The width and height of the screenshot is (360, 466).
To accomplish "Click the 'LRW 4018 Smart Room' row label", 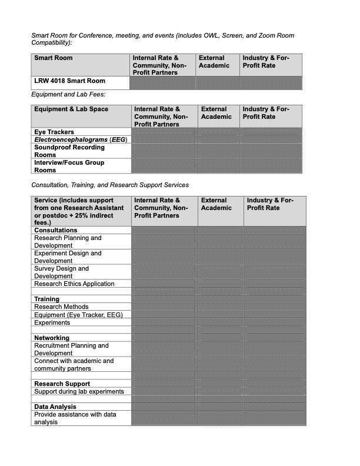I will [x=69, y=81].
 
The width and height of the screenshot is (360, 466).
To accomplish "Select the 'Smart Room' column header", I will [x=54, y=58].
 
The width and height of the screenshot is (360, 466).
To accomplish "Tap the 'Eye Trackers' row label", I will [x=54, y=132].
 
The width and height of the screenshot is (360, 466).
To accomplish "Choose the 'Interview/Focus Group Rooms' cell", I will [x=69, y=167].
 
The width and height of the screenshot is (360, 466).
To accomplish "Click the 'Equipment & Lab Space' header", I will [x=71, y=109].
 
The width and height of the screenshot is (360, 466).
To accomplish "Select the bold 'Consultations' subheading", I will [x=56, y=231].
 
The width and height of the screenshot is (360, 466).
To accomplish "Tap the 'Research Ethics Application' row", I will [x=74, y=284].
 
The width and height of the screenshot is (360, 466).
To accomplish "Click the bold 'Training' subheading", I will [x=46, y=299].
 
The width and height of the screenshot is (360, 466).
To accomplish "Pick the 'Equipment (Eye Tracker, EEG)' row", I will [x=78, y=315].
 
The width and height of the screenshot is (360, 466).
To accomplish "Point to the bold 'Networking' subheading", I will [x=52, y=338].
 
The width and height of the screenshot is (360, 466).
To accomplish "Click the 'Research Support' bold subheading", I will [x=62, y=384].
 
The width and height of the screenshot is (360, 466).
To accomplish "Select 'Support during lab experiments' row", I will [x=79, y=392].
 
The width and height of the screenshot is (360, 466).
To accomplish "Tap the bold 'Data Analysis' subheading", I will [x=59, y=407].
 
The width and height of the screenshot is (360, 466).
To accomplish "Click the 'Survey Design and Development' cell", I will [x=62, y=272].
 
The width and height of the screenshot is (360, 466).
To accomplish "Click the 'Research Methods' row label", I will [x=61, y=307].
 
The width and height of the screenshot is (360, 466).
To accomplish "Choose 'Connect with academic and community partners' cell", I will [x=74, y=365].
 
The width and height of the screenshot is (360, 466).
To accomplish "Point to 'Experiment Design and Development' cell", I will [x=68, y=257].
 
